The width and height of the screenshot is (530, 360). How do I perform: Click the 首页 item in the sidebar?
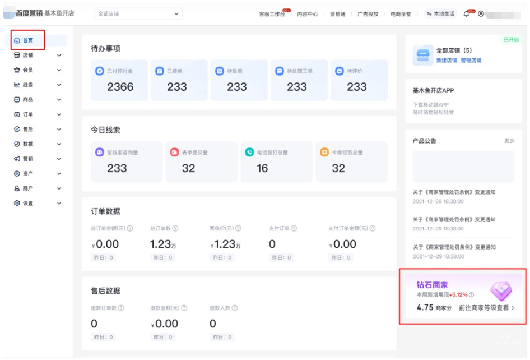click(27, 40)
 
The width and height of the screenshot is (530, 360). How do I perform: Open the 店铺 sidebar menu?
click(27, 56)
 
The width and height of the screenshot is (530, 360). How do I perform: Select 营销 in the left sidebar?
click(27, 159)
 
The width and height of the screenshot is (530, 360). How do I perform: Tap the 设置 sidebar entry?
click(27, 204)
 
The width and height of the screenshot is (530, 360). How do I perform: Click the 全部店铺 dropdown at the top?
click(138, 14)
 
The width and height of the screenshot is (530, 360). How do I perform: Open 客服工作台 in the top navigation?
click(272, 14)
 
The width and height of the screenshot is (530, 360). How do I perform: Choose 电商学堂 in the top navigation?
click(401, 14)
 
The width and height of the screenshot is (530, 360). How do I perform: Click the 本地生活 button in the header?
click(440, 14)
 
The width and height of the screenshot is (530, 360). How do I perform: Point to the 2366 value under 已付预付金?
click(120, 87)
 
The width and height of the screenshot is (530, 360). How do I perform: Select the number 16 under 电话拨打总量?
click(262, 168)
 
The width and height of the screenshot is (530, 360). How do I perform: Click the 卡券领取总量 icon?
click(324, 152)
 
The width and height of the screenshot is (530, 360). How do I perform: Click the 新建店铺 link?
click(447, 61)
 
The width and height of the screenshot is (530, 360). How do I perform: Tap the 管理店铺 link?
click(471, 61)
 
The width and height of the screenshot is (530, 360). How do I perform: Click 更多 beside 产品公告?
click(509, 141)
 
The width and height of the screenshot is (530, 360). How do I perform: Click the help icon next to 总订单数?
click(175, 228)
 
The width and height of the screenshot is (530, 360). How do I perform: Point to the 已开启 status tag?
click(510, 40)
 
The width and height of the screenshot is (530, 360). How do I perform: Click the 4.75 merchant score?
click(425, 308)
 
